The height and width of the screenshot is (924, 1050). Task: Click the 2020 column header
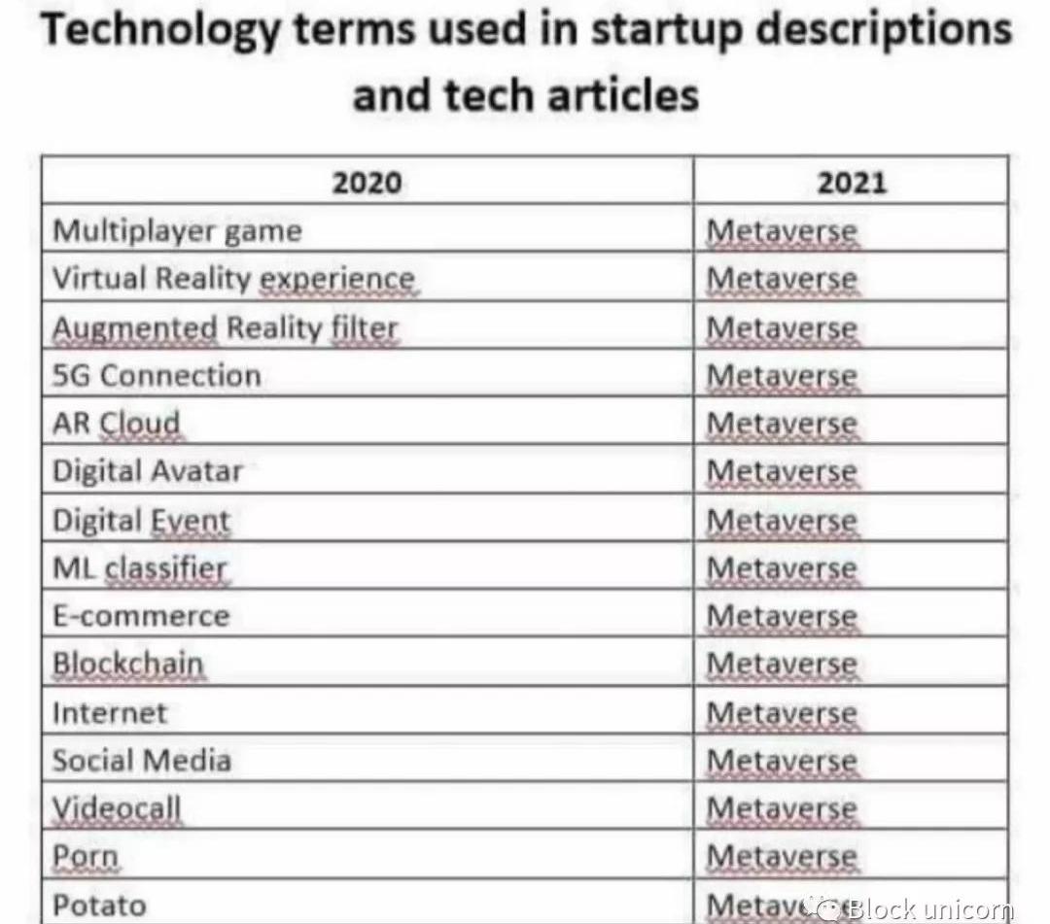[x=367, y=183]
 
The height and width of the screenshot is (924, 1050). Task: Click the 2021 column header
[x=852, y=183]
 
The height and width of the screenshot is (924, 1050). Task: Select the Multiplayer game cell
[x=177, y=231]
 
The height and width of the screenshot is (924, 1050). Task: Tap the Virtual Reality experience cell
[x=233, y=279]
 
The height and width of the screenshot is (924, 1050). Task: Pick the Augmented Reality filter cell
[x=226, y=327]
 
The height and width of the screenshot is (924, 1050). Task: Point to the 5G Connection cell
[x=157, y=376]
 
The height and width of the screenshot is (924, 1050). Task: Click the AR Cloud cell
[x=117, y=424]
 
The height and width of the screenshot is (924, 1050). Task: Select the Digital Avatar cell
[x=148, y=472]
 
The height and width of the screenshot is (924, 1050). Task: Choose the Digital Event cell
[x=141, y=521]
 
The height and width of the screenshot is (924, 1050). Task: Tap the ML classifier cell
[x=139, y=568]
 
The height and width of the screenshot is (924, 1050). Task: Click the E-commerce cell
[x=141, y=617]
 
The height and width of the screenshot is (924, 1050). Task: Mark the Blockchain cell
[x=128, y=665]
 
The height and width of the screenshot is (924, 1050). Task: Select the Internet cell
[x=110, y=713]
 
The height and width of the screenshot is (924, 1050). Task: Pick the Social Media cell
[x=142, y=761]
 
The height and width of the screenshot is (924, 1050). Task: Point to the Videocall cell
[x=117, y=808]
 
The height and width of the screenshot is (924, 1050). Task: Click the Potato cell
[x=99, y=905]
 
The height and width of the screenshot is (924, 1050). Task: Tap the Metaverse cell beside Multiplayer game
[x=783, y=231]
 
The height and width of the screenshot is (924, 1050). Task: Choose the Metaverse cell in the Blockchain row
[x=783, y=665]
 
